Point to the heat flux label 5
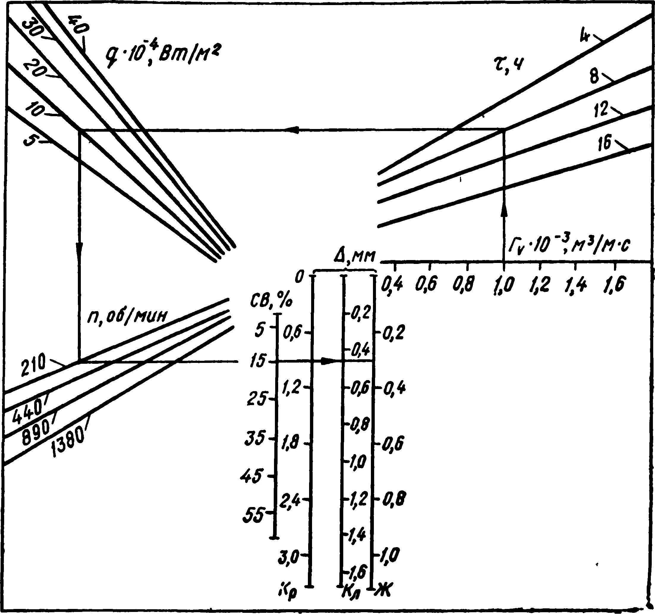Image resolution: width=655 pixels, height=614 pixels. (30, 141)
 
